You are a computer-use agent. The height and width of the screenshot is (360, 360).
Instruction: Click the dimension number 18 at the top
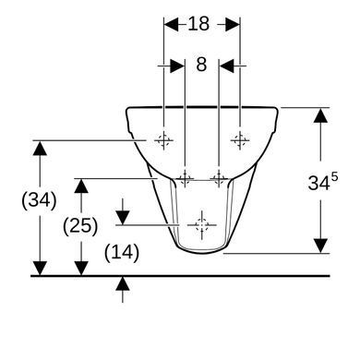coord(198,24)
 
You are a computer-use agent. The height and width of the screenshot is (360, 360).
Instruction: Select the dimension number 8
coord(201,65)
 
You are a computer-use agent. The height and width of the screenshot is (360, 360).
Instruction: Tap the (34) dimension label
coord(39,200)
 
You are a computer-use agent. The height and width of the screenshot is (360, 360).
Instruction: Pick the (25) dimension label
coord(80,226)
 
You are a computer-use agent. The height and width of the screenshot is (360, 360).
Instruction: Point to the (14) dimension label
coord(122,253)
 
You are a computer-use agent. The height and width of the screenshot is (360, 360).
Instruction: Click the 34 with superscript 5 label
coord(323,182)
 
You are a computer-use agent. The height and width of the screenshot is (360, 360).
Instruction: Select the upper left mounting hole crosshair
coord(163,140)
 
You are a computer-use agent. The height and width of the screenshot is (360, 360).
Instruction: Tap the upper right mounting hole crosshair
coord(240,140)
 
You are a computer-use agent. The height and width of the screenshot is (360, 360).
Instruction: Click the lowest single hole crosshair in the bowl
coord(202,225)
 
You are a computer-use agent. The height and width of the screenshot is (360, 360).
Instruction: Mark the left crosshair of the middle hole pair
coord(185,178)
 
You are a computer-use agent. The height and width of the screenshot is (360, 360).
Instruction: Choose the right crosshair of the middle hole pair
coord(219,178)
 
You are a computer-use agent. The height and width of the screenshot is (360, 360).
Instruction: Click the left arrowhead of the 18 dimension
coord(171,24)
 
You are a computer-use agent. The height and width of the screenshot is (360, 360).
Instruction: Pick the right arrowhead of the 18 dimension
coord(233,24)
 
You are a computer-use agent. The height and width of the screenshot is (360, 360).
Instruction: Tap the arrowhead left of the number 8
coord(177,66)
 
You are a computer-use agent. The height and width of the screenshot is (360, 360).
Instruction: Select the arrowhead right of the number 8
coord(226,66)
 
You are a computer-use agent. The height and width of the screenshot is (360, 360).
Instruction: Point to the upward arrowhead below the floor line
coord(123,283)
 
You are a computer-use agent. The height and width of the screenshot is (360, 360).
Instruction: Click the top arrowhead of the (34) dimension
coord(40,148)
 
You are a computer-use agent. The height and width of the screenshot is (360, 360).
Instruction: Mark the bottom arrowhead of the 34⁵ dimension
coord(320,246)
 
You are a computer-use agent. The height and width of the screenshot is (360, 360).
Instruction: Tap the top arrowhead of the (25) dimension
coord(81,186)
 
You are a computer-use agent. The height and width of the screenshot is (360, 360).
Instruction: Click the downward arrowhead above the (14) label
coord(123,218)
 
